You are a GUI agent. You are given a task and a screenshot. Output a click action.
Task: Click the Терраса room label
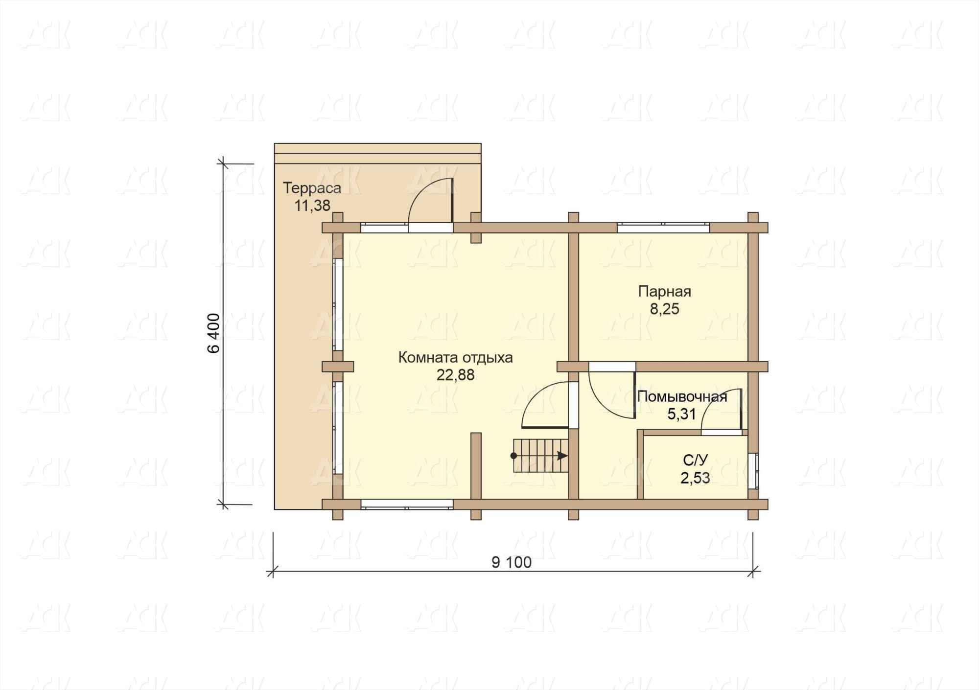coord(312,188)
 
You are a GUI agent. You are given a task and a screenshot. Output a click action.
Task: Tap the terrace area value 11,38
coord(312,206)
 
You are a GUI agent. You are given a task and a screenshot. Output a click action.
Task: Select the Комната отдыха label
coord(455,358)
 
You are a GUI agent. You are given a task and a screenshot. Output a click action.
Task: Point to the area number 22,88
coord(456,375)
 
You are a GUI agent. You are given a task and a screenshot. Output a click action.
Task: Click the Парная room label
coord(664,292)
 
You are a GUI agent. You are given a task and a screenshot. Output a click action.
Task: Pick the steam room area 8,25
coord(665,309)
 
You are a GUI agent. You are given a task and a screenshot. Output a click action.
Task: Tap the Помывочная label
coord(682,397)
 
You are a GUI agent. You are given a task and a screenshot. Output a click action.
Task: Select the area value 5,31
coord(681,414)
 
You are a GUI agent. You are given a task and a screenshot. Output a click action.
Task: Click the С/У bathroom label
coord(695,460)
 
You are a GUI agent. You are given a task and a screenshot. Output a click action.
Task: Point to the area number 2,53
coord(695,478)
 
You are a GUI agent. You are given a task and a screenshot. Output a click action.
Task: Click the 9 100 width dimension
coord(512,563)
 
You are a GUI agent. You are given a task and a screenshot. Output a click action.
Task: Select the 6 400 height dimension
coord(214,333)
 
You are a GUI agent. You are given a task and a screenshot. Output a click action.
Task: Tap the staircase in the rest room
coord(540,456)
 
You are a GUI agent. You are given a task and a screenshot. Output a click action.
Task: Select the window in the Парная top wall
coord(663,227)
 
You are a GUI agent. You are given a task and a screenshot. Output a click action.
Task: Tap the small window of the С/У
coord(753,471)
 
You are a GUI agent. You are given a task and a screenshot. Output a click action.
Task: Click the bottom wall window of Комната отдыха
coord(407,504)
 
